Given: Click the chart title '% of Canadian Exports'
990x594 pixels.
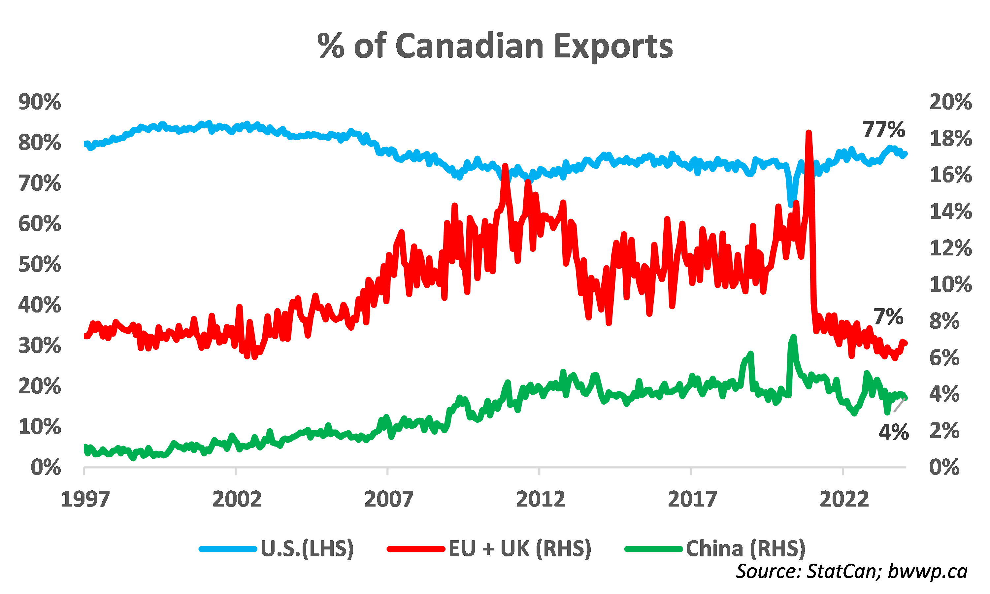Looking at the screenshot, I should pos(495,46).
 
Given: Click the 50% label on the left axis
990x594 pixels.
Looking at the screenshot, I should pos(40,264).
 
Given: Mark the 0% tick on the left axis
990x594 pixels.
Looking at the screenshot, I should pos(46,467).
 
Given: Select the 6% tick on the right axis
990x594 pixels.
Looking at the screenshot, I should pos(944,357).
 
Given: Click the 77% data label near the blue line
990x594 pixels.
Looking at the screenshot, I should pos(883,129).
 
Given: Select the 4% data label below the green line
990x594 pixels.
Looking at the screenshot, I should pos(894,432).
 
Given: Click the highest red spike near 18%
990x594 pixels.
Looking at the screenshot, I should pos(809,133).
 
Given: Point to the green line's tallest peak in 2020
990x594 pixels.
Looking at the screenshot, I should pos(794,337).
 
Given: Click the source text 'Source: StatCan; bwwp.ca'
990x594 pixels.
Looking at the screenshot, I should pos(851,571).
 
